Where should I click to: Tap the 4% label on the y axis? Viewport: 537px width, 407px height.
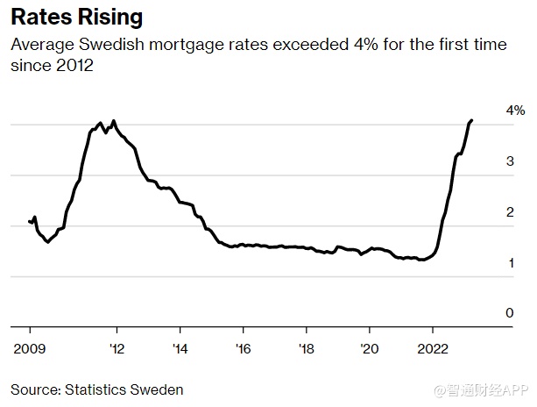coord(514,111)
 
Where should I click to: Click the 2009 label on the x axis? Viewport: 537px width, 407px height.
coord(30,347)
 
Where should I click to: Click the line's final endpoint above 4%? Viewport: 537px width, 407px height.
coord(471,120)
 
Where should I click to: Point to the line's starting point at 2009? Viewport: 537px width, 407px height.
coord(29,221)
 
